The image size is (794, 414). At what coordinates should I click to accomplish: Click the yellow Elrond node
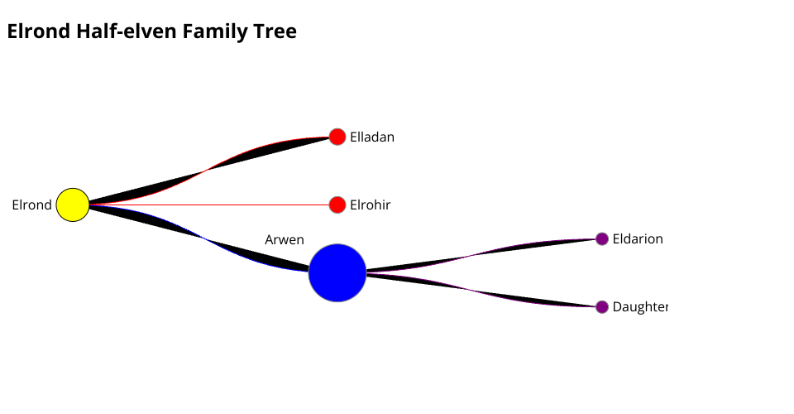pyautogui.click(x=73, y=205)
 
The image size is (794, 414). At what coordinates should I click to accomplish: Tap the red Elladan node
pyautogui.click(x=337, y=137)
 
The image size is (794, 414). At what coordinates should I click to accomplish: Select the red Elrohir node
pyautogui.click(x=337, y=205)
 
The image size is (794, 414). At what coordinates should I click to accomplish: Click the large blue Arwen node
pyautogui.click(x=337, y=272)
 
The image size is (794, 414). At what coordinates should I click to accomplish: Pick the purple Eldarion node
pyautogui.click(x=602, y=238)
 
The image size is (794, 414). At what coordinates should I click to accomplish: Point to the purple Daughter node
pyautogui.click(x=602, y=306)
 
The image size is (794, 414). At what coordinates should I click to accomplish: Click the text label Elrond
pyautogui.click(x=31, y=205)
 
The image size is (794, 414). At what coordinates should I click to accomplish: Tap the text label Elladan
pyautogui.click(x=372, y=137)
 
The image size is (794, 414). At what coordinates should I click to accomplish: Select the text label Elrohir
pyautogui.click(x=370, y=205)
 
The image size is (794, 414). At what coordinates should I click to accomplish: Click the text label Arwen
pyautogui.click(x=285, y=240)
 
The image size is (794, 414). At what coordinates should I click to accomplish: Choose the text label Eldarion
pyautogui.click(x=638, y=239)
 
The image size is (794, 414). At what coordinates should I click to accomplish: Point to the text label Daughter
pyautogui.click(x=639, y=307)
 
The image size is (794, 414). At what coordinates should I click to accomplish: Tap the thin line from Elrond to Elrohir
pyautogui.click(x=207, y=205)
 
